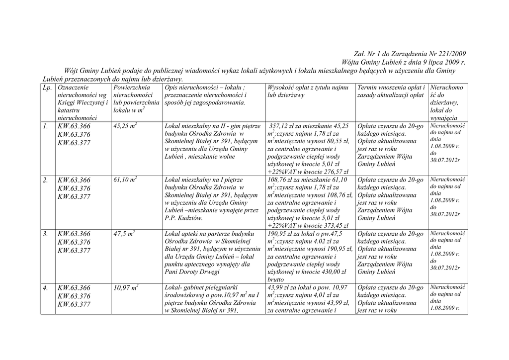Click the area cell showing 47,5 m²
tap(124, 233)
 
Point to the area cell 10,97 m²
tap(125, 287)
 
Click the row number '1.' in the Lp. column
tap(46, 127)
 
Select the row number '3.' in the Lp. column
tap(46, 234)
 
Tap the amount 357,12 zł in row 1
tap(286, 126)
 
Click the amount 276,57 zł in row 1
tap(331, 171)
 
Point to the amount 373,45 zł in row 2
tap(331, 225)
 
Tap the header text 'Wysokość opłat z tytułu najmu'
tap(308, 88)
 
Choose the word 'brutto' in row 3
tap(276, 280)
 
